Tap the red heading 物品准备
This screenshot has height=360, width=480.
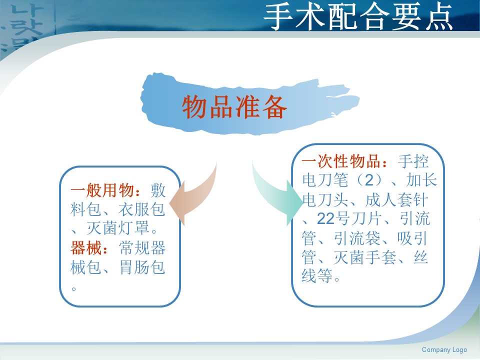click(234, 106)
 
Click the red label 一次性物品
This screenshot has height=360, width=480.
click(344, 161)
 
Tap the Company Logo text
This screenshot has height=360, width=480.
click(444, 349)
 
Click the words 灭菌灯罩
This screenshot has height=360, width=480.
click(118, 228)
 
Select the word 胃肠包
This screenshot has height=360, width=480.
click(142, 267)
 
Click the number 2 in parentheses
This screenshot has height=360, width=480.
click(369, 180)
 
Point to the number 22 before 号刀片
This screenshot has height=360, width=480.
click(325, 219)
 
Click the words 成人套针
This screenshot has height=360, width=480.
click(396, 200)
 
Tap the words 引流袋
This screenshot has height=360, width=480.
click(356, 238)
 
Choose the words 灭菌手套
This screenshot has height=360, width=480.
click(364, 257)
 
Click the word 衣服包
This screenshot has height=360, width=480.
click(141, 209)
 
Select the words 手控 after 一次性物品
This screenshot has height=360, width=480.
click(413, 161)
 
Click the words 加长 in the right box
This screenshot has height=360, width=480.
click(421, 180)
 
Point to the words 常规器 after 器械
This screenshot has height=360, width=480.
click(142, 248)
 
